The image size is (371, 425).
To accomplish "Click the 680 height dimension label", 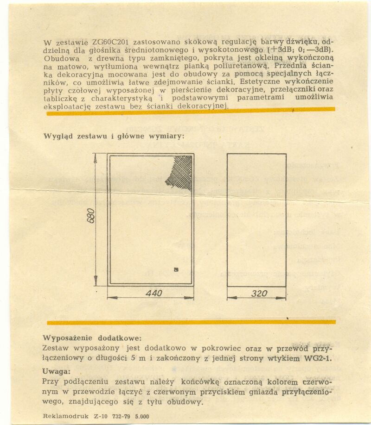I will point(91,216).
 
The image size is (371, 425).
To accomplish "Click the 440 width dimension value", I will point(154,294).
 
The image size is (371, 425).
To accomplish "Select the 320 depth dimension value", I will point(259,294).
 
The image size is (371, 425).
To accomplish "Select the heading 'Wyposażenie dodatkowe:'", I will point(92,338).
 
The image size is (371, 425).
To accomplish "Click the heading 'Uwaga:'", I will point(56,371).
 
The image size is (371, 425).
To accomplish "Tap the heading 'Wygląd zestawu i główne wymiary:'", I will point(114,136).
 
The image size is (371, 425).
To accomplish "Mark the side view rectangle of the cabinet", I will point(256,220).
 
